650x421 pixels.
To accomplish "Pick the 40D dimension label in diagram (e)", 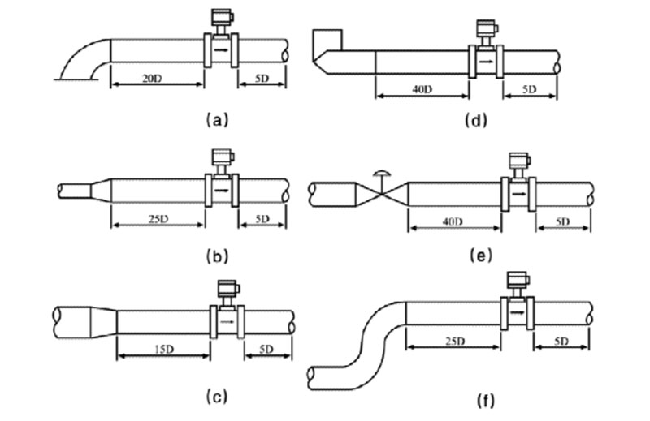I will [453, 221].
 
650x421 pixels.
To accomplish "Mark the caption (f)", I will [479, 401].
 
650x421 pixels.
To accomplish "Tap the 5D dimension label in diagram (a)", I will [262, 79].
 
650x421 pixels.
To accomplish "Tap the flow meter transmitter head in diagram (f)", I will [515, 281].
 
